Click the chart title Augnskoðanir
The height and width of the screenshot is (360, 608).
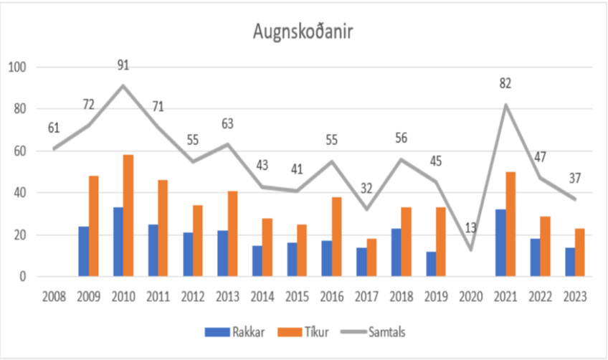[304, 32]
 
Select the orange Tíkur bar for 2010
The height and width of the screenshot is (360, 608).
[128, 216]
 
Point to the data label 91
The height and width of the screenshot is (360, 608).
[123, 66]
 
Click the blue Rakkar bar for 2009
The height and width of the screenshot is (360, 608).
[83, 251]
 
